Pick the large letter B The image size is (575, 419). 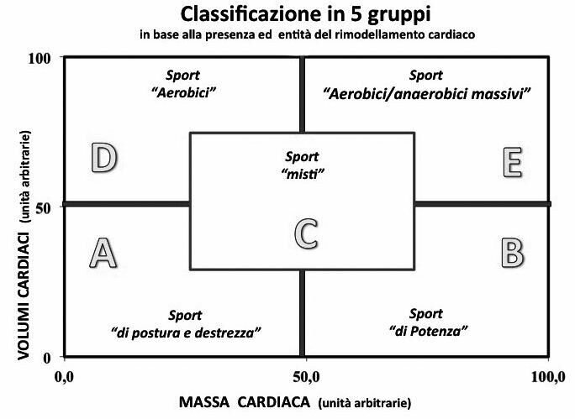[x=512, y=251]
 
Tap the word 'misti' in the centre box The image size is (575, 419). [x=302, y=173]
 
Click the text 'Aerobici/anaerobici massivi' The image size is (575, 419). [x=426, y=94]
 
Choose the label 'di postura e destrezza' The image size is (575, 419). [x=185, y=333]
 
